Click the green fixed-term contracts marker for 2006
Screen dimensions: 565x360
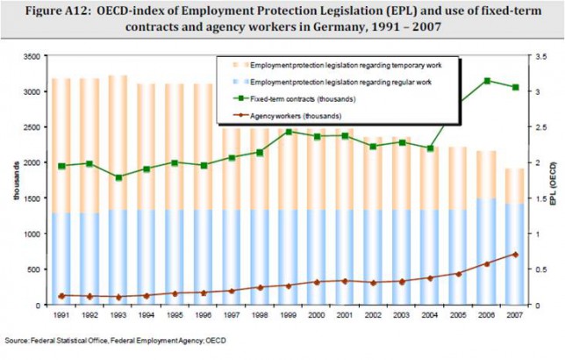coord(487,81)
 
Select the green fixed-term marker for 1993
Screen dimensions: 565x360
coord(118,177)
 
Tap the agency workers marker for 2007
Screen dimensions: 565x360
coord(515,255)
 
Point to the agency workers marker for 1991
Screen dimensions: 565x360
coord(61,296)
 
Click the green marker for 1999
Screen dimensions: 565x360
coord(289,132)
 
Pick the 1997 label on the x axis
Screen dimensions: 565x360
coord(232,315)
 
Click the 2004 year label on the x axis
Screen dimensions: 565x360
coord(430,315)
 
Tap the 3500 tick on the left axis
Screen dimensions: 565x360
coord(32,56)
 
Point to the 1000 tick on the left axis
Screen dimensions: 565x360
coord(32,234)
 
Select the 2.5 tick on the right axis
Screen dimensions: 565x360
coord(541,127)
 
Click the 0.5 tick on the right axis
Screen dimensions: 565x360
coord(541,270)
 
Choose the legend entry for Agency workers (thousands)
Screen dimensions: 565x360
coord(287,116)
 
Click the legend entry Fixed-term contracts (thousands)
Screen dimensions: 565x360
coord(294,99)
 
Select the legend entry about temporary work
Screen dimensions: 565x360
coord(337,65)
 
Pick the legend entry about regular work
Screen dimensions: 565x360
coord(333,83)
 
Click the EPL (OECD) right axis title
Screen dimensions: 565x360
coord(554,184)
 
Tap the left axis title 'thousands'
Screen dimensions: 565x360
coord(17,181)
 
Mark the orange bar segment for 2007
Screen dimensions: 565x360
coord(514,186)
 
